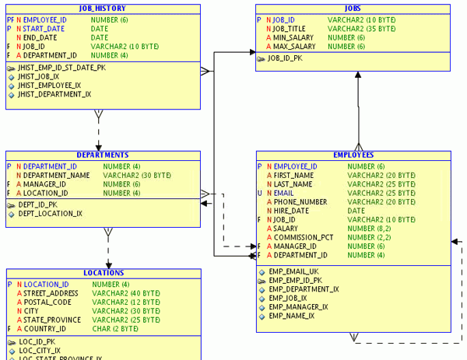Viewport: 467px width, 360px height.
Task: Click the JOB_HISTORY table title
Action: tap(102, 9)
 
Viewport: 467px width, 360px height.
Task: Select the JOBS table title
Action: tap(353, 9)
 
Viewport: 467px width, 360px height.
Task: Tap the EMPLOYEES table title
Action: tap(353, 155)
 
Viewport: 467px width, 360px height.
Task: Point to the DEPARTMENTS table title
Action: tap(102, 155)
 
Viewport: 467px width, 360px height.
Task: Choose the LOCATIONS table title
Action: tap(104, 273)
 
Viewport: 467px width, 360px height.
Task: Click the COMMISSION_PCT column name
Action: tap(304, 237)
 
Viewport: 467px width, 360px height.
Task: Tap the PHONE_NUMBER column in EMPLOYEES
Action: tap(300, 201)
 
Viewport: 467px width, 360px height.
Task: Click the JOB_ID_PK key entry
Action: tap(285, 58)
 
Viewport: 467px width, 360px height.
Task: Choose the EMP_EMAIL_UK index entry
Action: tap(293, 271)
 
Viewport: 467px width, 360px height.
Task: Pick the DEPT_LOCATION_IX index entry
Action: tap(50, 213)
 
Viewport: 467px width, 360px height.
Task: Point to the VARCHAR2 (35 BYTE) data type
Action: tap(361, 28)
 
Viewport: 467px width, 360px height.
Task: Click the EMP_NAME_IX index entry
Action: tap(292, 316)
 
